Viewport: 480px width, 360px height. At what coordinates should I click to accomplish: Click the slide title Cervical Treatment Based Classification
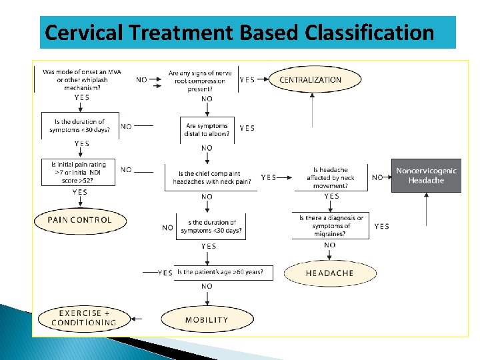coord(239,32)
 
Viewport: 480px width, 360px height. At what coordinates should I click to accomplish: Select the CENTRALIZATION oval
coord(310,80)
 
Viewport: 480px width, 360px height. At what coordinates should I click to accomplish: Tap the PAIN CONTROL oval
coord(79,220)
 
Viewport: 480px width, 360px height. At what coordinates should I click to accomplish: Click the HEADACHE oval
coord(329,273)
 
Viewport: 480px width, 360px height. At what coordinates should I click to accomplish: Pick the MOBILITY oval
coord(207,320)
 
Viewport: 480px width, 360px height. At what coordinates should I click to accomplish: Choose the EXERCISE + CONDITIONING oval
coord(83,318)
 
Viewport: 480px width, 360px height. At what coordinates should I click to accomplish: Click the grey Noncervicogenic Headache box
coord(426,176)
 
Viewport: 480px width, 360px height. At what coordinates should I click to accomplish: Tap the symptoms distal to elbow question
coord(207,129)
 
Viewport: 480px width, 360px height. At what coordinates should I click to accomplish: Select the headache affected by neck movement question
coord(331,177)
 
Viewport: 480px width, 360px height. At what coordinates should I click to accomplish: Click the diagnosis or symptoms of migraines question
coord(331,226)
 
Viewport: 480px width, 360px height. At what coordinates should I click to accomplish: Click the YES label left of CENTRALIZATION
coord(247,80)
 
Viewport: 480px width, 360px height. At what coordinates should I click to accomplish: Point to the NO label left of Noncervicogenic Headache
coord(377,177)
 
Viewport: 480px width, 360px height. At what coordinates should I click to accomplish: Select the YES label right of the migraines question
coord(382,227)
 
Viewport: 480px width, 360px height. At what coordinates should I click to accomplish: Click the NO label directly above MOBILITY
coord(207,287)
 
